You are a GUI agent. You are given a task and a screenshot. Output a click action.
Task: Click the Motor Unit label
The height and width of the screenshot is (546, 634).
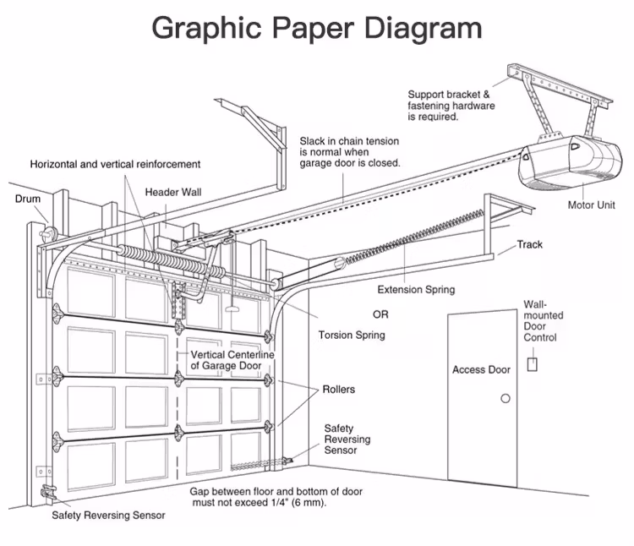coord(591,205)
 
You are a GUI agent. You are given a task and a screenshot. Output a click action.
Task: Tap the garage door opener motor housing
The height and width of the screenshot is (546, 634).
coord(570,162)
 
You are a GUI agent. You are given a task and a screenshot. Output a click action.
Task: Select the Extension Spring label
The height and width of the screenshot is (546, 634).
coord(416,289)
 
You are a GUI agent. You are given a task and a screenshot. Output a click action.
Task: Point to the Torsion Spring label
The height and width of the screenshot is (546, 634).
coord(352,335)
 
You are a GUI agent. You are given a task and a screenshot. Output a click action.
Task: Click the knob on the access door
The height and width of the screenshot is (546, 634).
coord(506,398)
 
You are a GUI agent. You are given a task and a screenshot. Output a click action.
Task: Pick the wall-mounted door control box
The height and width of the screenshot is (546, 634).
coord(532,364)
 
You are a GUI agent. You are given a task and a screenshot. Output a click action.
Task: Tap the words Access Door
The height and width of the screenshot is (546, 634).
coord(481,369)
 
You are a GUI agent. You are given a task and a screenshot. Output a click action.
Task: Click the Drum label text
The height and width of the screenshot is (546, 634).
coord(28,199)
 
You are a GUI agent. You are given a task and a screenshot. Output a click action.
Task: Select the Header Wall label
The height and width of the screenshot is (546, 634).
coord(173,192)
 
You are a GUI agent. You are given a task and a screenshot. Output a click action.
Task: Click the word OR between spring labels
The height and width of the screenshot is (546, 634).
coord(380,314)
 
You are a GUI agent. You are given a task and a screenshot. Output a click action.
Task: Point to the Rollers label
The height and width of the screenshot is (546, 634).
coord(339,389)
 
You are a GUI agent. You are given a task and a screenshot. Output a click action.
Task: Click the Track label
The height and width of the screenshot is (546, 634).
coord(530,244)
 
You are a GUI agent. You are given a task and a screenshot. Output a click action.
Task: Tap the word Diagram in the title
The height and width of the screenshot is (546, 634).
coord(424,28)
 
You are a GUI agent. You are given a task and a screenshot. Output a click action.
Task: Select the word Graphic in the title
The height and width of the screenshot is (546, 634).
coord(206,28)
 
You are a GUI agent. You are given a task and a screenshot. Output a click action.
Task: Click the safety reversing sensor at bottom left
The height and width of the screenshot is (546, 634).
coord(47,492)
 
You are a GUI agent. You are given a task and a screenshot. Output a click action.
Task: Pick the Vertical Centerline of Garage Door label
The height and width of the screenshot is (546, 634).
coord(232,360)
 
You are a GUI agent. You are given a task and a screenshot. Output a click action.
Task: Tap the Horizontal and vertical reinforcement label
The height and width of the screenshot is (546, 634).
coord(115,164)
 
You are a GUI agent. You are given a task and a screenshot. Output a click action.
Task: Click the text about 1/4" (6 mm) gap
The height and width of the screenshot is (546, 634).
coord(276,497)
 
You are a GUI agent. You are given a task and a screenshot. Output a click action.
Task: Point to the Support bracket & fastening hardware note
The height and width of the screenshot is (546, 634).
coord(451,106)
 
